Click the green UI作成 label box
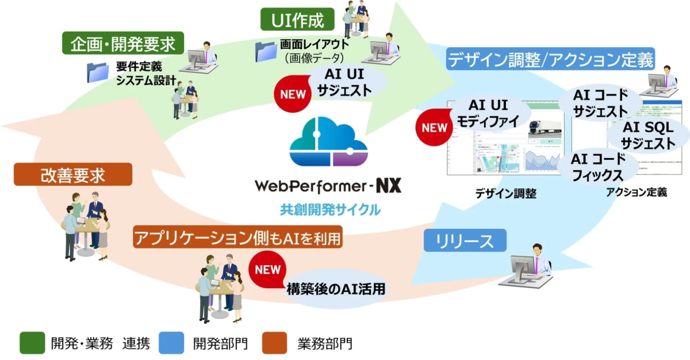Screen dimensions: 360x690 pos(297,20)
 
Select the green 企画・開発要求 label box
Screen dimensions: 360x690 pos(123,43)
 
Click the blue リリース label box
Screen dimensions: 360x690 pos(465,241)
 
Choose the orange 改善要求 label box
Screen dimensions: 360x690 pos(72,174)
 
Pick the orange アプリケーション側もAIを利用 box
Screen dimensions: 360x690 pos(237,237)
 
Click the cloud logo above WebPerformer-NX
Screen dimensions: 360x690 pos(326,143)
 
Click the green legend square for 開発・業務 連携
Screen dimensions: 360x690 pos(32,343)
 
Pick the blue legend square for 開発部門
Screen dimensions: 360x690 pos(172,343)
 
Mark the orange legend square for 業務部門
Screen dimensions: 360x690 pos(274,343)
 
